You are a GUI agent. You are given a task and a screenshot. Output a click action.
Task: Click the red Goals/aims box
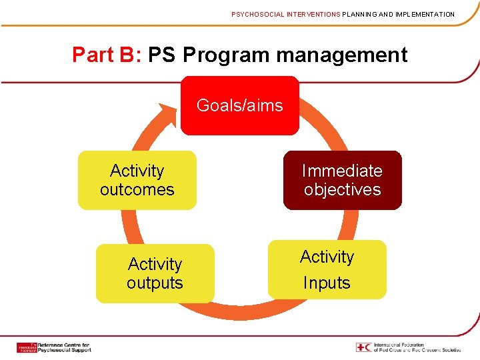tap(240, 105)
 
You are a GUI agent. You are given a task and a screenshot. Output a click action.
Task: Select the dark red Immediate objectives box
tap(342, 180)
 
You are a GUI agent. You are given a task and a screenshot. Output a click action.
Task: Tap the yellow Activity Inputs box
tap(327, 269)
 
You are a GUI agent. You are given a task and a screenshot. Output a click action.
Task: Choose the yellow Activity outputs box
tap(155, 273)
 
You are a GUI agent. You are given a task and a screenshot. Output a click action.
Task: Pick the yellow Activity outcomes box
tap(137, 180)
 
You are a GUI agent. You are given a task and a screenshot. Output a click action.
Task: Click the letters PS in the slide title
tap(162, 55)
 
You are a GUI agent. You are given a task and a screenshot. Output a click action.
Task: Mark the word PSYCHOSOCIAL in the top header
tap(256, 14)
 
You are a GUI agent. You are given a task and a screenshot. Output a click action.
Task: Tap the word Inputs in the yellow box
tap(327, 283)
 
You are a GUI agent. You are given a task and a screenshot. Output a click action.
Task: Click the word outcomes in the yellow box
tap(137, 189)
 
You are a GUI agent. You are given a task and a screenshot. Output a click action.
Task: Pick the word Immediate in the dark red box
tap(342, 171)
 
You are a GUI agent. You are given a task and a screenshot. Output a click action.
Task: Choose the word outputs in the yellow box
tap(155, 283)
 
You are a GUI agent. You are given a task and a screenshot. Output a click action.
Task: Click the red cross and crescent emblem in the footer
tap(364, 347)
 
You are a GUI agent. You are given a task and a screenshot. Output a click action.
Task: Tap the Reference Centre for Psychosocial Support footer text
tap(64, 347)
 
